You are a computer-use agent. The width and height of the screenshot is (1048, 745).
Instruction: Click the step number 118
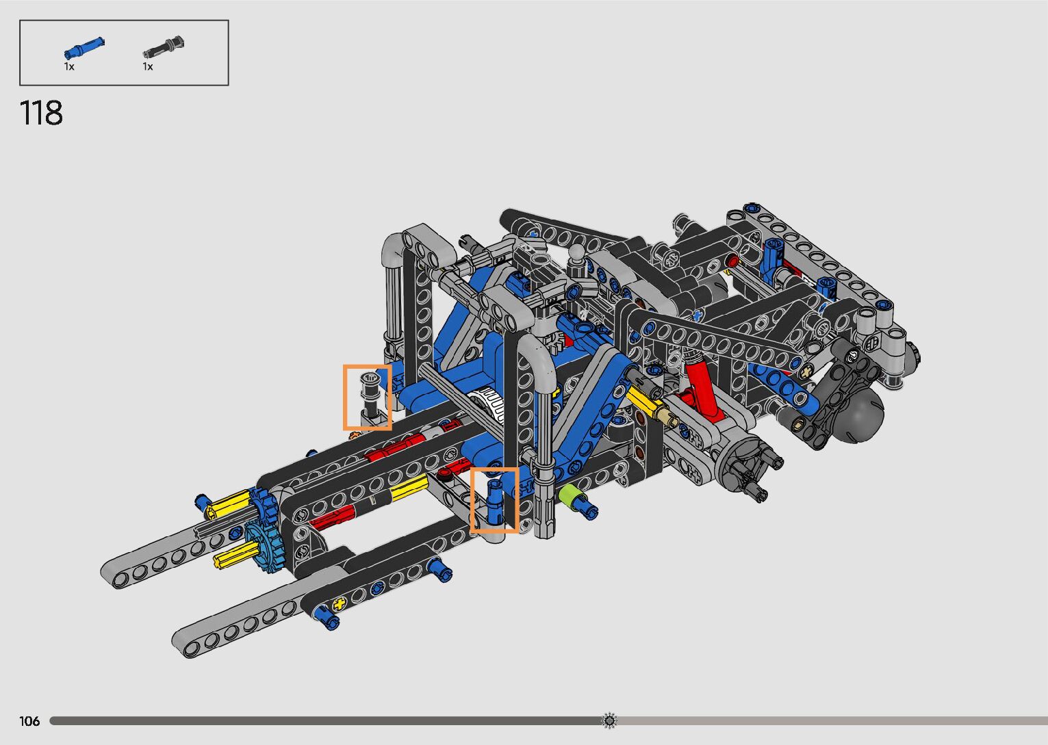(41, 113)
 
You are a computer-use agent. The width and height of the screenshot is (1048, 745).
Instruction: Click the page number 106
(29, 720)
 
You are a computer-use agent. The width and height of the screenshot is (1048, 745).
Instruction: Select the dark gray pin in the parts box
(164, 47)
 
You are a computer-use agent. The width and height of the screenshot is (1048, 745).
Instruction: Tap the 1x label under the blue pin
(69, 67)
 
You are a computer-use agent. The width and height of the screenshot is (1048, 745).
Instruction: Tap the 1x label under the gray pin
(148, 67)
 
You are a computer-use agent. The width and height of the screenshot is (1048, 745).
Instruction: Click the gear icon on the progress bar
(609, 720)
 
